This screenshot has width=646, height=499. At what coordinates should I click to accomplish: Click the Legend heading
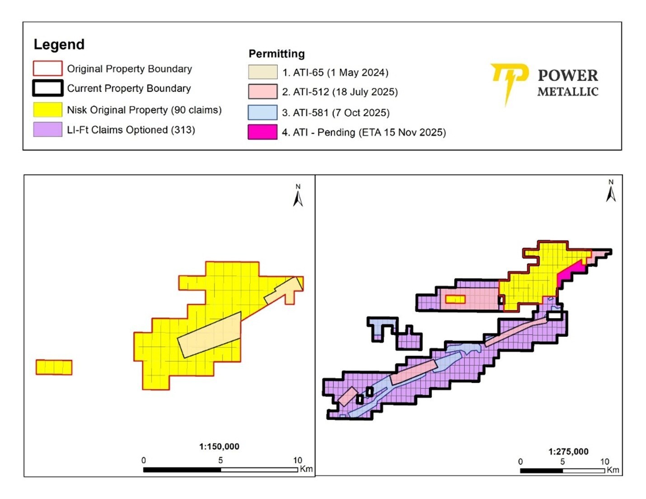tap(59, 44)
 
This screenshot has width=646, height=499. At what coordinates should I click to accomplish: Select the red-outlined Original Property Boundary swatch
tap(47, 68)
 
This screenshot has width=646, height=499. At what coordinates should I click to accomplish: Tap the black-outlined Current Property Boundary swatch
tap(47, 88)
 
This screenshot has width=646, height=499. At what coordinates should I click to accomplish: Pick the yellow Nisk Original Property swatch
tap(47, 110)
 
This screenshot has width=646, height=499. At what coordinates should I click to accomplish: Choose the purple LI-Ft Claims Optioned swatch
tap(47, 130)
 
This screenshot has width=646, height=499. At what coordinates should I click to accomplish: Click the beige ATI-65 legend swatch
tap(262, 72)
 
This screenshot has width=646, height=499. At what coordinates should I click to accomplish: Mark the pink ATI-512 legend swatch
tap(262, 92)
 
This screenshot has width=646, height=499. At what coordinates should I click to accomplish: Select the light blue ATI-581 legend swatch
tap(262, 113)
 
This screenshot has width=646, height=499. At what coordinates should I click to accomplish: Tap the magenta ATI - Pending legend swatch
tap(262, 132)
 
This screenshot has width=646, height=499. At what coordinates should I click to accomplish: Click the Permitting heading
tap(276, 54)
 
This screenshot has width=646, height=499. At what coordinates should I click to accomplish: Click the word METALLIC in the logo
tap(568, 92)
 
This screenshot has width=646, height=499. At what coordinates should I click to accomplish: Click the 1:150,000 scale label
tap(219, 447)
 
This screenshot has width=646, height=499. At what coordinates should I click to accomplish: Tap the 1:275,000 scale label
tap(568, 452)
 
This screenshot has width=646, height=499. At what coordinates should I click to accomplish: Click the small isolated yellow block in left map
tap(54, 367)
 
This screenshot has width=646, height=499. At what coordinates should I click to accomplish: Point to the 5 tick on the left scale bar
tap(220, 461)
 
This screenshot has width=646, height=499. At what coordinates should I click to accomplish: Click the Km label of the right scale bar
tap(613, 470)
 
